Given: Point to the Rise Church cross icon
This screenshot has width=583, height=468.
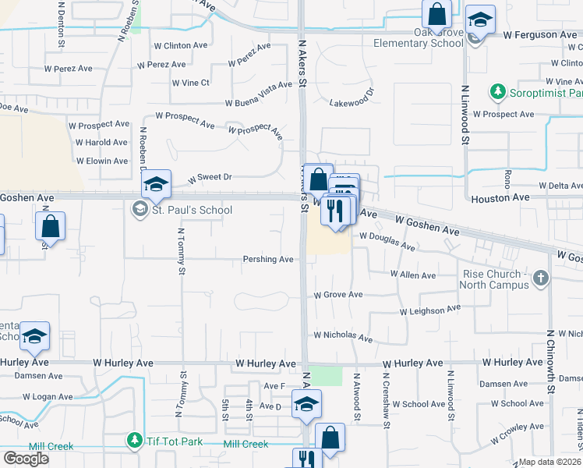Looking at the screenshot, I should [x=542, y=278].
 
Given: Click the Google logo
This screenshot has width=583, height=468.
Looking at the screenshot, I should [x=26, y=459].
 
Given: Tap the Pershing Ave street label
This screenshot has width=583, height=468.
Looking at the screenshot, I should [x=268, y=259].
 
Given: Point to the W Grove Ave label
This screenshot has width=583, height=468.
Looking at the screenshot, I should [x=338, y=295].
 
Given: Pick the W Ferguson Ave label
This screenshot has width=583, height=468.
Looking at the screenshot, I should [x=540, y=35].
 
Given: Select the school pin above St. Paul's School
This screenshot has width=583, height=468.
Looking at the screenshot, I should [x=156, y=185].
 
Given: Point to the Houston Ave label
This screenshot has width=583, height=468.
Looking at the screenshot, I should [x=500, y=199].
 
